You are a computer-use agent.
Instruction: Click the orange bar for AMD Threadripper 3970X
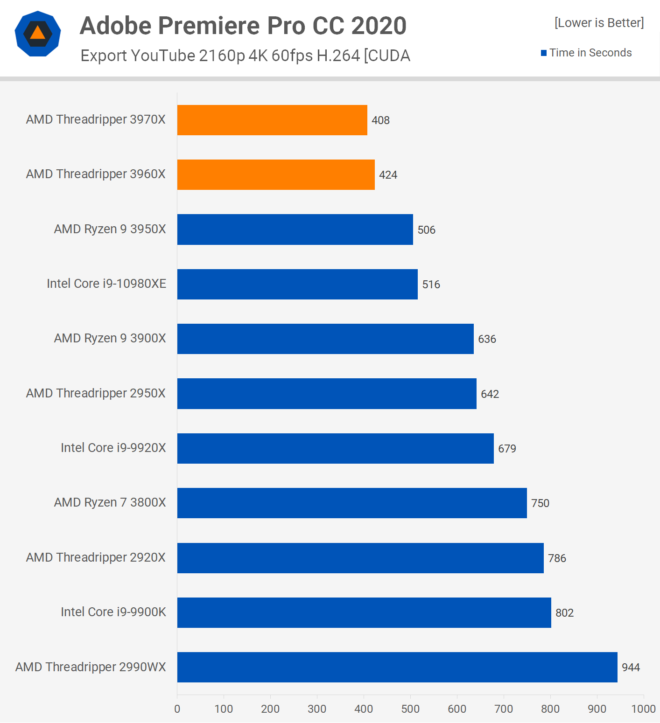pos(272,120)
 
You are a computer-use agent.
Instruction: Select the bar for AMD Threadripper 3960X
pos(276,174)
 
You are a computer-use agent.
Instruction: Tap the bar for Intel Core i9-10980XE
pos(297,284)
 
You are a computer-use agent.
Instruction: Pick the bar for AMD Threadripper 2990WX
pos(397,667)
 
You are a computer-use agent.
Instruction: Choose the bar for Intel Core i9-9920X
pos(335,448)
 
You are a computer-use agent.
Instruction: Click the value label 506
pos(426,230)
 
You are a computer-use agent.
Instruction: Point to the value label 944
pos(631,667)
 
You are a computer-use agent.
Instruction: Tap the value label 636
pos(487,339)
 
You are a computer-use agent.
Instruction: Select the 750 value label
pos(540,503)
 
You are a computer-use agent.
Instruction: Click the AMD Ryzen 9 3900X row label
pos(110,338)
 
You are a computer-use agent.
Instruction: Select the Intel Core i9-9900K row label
pos(113,612)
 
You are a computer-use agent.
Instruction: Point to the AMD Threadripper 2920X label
pos(96,557)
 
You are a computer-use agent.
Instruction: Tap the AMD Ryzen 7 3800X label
pos(110,502)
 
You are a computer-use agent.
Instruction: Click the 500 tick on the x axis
pos(410,709)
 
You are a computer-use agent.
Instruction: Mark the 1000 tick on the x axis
pos(643,709)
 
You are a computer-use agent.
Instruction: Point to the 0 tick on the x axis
pos(177,709)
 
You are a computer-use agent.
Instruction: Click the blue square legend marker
pos(544,53)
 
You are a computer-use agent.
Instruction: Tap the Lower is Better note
pos(599,23)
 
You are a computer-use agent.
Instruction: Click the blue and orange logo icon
pos(38,34)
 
